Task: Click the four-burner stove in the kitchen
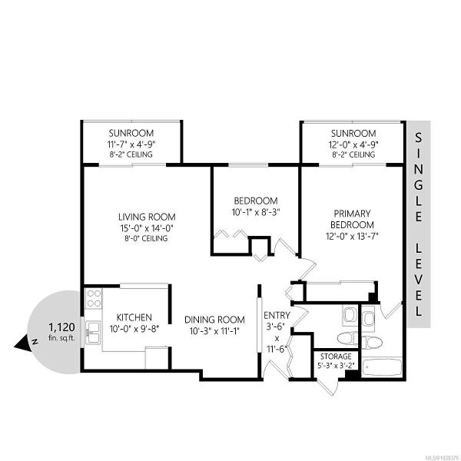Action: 94,298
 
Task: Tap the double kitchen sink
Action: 93,332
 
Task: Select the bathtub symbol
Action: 382,367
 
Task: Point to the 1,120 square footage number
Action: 61,327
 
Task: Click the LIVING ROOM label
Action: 147,217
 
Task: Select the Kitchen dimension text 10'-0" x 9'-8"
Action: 134,329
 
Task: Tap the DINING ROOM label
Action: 214,320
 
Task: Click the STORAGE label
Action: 336,357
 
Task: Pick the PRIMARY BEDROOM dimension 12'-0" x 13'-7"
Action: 352,236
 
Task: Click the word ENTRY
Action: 277,316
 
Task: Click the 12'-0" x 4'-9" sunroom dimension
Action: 353,144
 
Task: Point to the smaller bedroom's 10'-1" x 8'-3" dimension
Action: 256,212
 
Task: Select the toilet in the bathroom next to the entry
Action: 347,338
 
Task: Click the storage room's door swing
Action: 327,387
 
